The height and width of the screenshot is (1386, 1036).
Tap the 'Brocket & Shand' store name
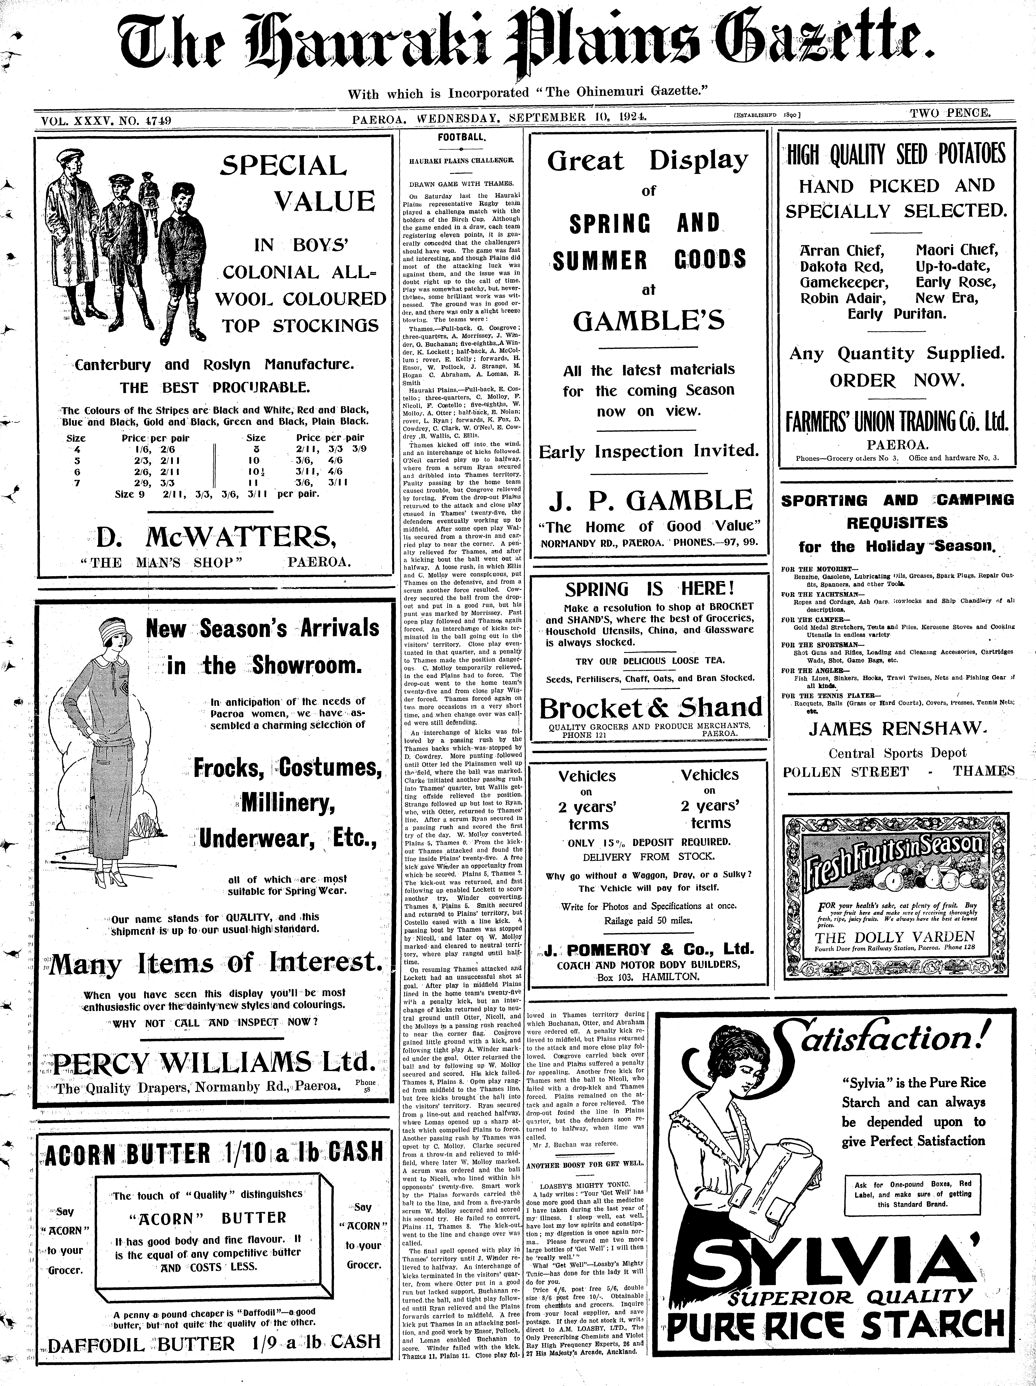coord(650,708)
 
